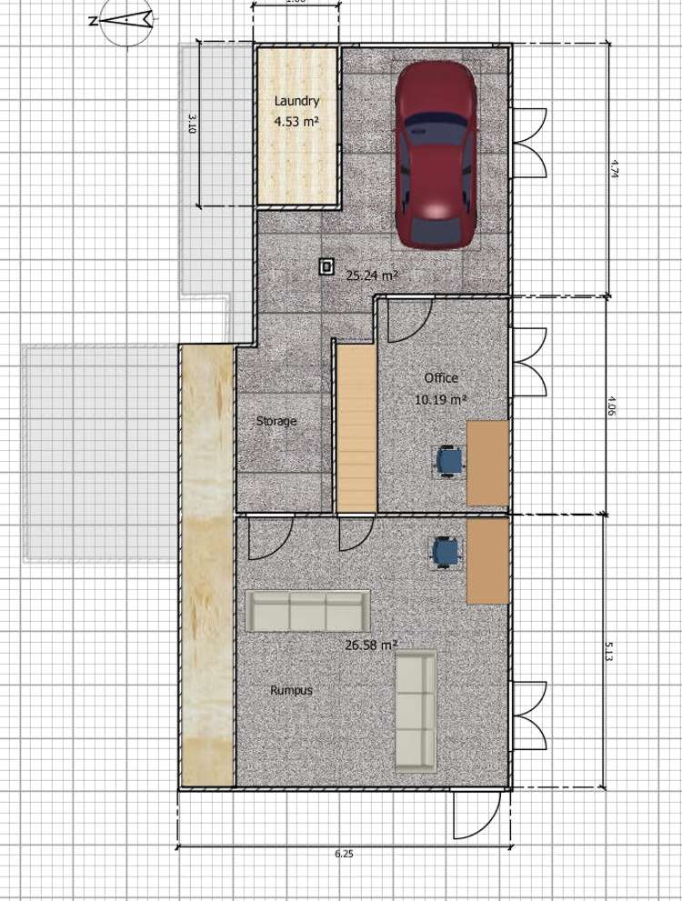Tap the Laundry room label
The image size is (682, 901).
[296, 102]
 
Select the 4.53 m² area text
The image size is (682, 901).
[296, 120]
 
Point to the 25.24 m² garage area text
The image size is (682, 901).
[372, 275]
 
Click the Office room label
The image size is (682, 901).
[441, 378]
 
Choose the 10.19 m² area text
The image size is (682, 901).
[441, 399]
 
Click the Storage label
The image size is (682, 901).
[276, 421]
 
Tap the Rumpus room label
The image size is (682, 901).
[291, 690]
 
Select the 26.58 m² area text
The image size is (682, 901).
[371, 645]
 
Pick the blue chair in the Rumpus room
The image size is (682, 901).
[445, 551]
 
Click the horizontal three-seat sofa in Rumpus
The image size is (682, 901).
[307, 611]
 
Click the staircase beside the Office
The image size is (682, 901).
[356, 425]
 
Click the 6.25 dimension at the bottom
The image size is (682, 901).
[344, 855]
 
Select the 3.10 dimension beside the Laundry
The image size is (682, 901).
[191, 124]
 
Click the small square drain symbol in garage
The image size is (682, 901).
[326, 266]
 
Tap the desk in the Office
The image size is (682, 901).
[487, 463]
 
